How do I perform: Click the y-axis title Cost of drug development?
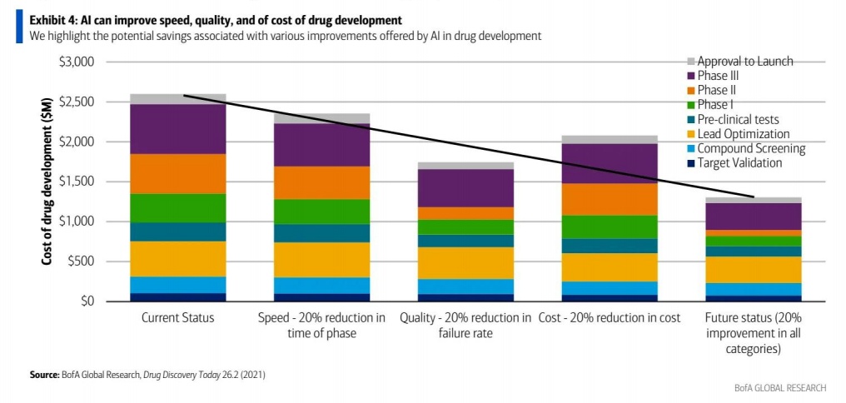pos(49,182)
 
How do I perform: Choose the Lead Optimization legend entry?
pos(743,134)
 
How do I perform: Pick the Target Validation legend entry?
pos(739,163)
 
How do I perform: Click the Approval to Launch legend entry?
pos(744,61)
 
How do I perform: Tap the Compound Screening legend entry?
pos(751,149)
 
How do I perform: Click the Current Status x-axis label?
pos(177,318)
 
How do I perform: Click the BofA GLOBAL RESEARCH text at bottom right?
pos(780,388)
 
